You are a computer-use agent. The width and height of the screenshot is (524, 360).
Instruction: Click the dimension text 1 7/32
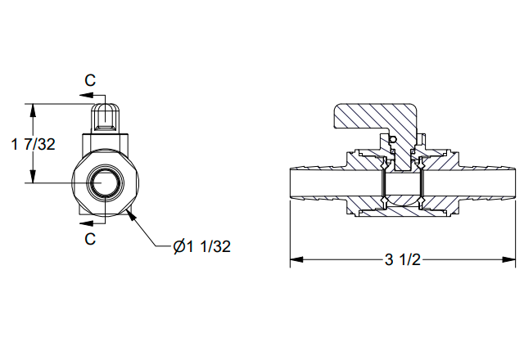33,144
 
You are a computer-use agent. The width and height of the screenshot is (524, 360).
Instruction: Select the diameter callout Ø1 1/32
202,246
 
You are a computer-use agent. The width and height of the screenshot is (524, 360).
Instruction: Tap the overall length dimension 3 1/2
402,259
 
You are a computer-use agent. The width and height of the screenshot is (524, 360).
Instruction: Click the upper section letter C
90,80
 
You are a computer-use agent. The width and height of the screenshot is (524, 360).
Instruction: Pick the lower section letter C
90,239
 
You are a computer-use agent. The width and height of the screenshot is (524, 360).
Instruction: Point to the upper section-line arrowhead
86,95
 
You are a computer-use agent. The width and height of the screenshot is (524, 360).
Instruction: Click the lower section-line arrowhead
86,223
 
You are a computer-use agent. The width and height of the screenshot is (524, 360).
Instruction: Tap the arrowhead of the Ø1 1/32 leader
132,214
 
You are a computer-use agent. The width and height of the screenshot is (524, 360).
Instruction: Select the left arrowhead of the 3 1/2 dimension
296,259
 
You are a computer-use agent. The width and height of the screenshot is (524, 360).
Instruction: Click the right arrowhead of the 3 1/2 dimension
508,259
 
